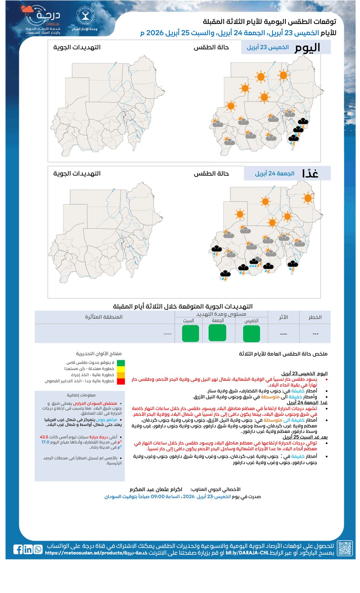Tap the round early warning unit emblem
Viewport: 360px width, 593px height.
(86, 17)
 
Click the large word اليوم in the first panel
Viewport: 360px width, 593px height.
(307, 47)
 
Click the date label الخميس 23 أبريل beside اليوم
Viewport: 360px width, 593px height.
(268, 47)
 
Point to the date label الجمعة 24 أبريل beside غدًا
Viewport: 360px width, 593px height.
(275, 173)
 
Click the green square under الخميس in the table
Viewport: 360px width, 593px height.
(251, 334)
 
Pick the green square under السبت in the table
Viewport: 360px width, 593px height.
(190, 334)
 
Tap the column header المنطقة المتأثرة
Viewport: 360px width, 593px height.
(104, 317)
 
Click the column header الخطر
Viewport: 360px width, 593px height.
(315, 317)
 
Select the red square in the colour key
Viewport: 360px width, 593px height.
(121, 381)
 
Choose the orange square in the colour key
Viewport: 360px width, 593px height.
(121, 375)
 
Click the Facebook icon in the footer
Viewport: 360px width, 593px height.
(18, 549)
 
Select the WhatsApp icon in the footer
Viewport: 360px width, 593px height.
(38, 549)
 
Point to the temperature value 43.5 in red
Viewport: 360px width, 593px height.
(44, 437)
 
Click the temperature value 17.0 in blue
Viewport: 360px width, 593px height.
(45, 442)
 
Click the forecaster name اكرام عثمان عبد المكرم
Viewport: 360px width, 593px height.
(156, 489)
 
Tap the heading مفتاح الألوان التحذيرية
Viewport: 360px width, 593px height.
(98, 354)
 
